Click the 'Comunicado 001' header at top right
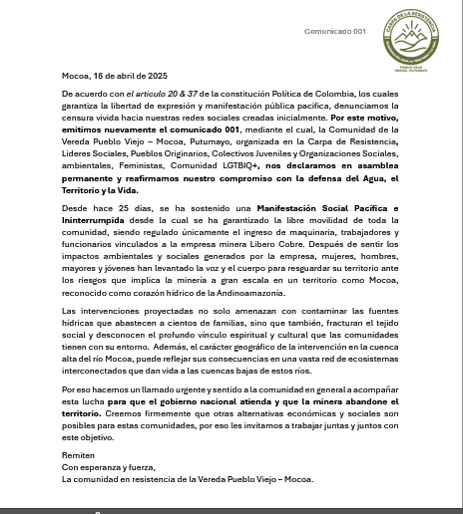335,31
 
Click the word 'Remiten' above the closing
77,454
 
